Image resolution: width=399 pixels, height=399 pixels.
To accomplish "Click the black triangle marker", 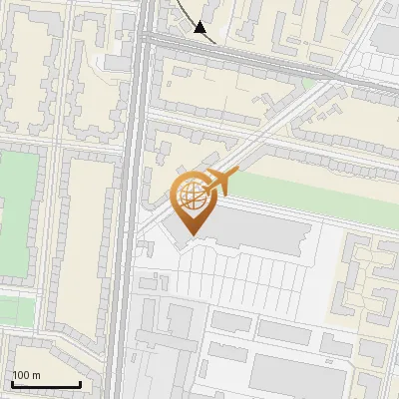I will pos(200,28).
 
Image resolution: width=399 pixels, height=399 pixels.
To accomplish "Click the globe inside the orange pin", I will pos(193,199).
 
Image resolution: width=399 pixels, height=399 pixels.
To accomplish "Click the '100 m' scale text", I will pos(26,375).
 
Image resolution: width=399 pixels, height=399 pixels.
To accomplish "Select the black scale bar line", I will pos(45,384).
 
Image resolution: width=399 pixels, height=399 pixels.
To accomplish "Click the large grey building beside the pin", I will pos(259,231).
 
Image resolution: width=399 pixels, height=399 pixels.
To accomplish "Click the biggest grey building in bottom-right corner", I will pos(289,374).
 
